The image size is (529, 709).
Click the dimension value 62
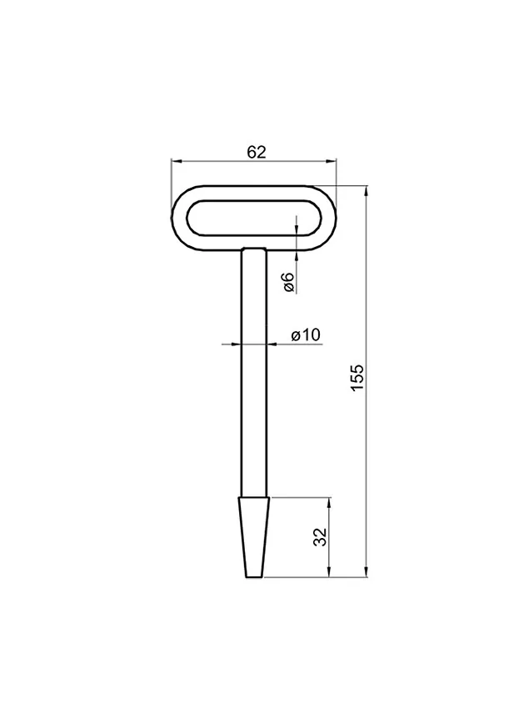(x=256, y=153)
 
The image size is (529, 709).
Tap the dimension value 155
(x=357, y=377)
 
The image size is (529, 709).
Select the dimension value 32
(x=320, y=536)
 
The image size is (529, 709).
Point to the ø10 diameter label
(x=306, y=335)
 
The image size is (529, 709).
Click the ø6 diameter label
(x=289, y=282)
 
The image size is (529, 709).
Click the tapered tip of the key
(x=254, y=537)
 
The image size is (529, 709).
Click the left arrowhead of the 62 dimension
(x=176, y=160)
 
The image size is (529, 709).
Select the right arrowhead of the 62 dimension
(x=332, y=160)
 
